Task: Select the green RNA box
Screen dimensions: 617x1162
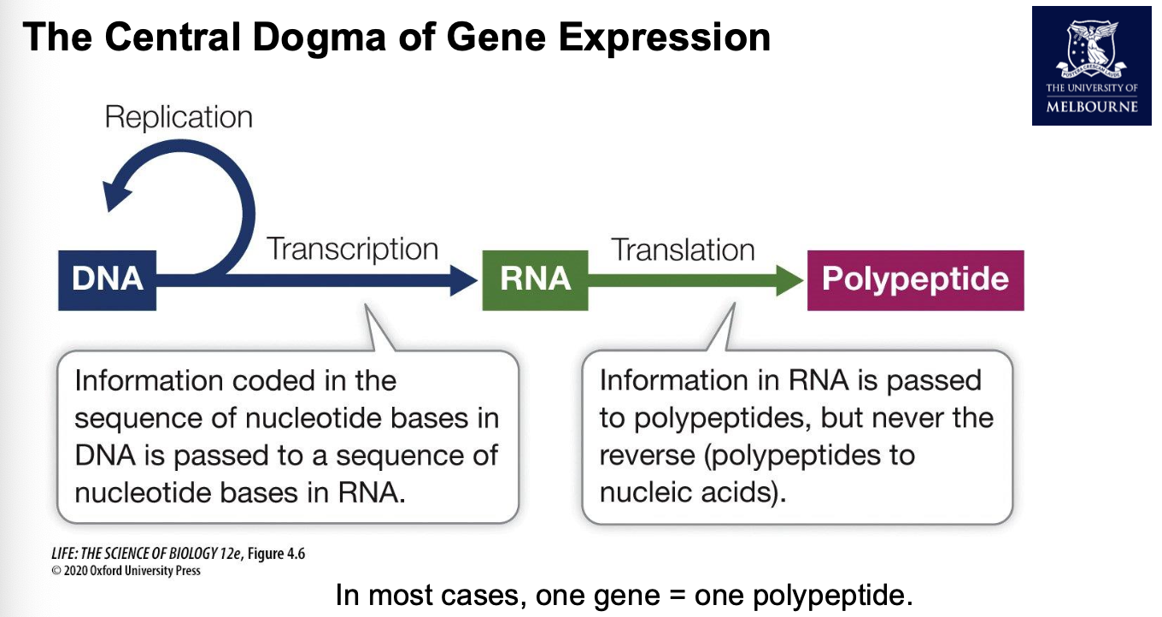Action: [x=535, y=279]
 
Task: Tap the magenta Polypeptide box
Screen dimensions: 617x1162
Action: [x=915, y=279]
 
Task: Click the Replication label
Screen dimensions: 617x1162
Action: [x=179, y=117]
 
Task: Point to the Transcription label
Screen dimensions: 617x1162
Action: [x=352, y=250]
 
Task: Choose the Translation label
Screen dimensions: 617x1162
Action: [x=683, y=250]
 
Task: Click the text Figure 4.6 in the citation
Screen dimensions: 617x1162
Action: [x=276, y=554]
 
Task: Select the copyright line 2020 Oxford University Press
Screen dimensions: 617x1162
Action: [x=126, y=570]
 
